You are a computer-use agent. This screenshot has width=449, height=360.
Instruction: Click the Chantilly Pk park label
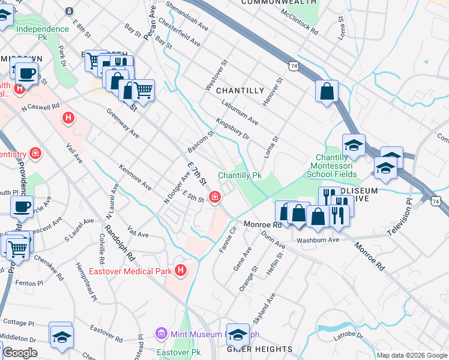[x=240, y=175]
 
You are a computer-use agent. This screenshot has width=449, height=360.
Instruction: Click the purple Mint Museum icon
[x=160, y=333]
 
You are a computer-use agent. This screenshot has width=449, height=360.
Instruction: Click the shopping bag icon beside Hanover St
[x=327, y=92]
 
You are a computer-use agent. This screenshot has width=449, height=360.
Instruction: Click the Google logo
[x=19, y=352]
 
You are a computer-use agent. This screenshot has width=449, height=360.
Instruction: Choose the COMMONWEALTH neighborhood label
[x=279, y=2]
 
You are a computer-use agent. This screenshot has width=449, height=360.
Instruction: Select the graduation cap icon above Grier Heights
[x=238, y=334]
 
